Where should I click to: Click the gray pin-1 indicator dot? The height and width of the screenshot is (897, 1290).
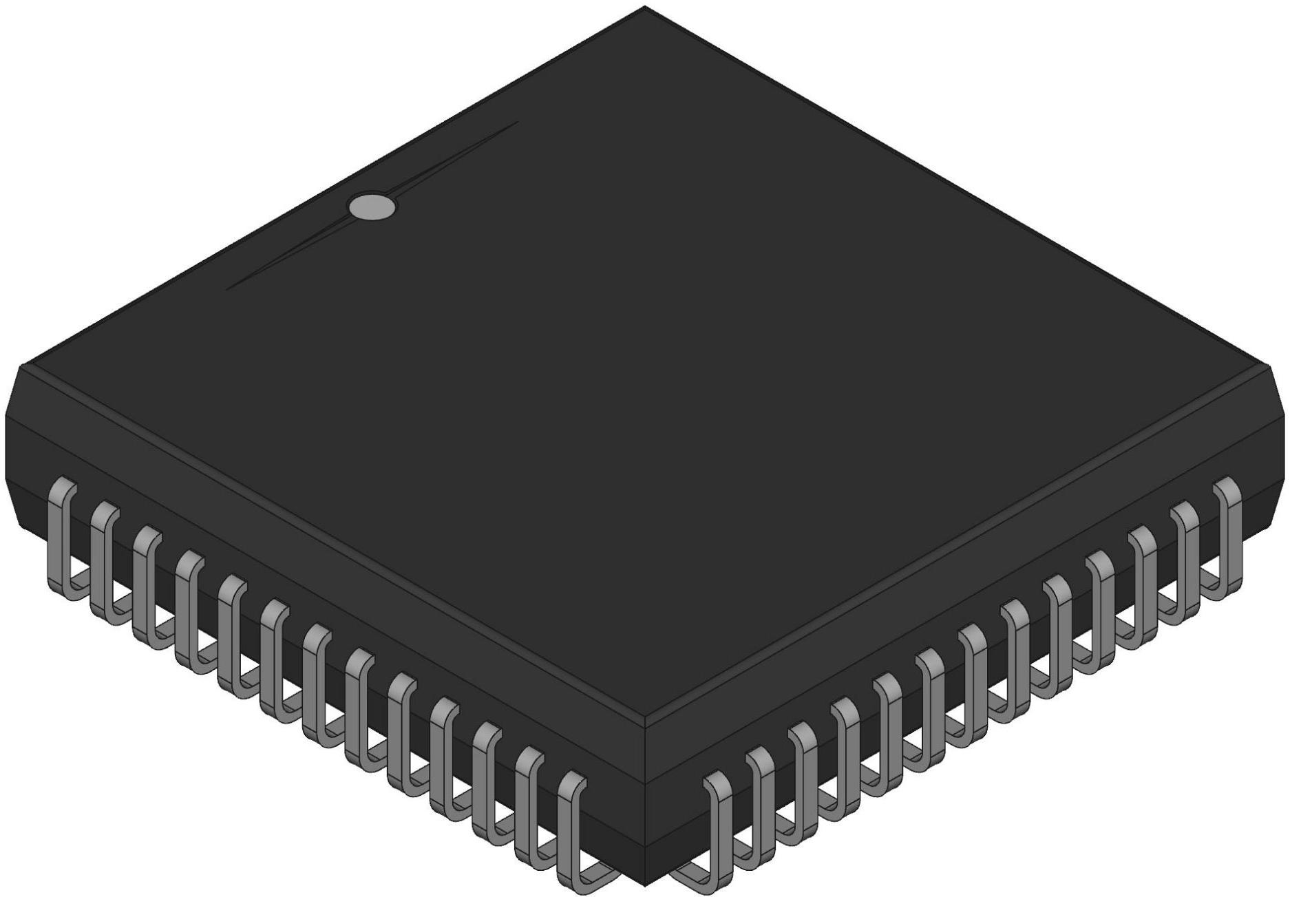[372, 207]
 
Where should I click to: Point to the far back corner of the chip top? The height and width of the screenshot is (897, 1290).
[645, 8]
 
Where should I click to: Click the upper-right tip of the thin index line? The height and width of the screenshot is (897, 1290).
[516, 123]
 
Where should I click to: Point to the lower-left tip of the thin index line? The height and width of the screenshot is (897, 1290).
[228, 288]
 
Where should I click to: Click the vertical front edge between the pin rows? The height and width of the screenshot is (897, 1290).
[645, 805]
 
